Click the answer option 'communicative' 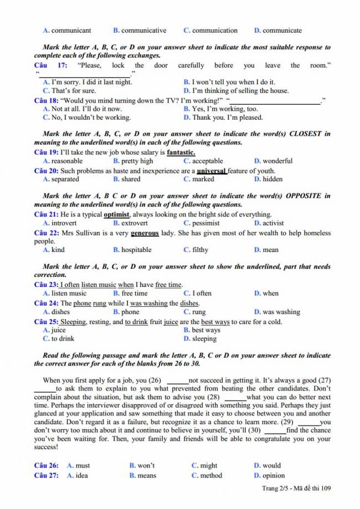[143, 30]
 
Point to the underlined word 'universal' [211, 171]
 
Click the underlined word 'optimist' [116, 214]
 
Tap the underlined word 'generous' [145, 233]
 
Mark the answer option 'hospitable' [136, 250]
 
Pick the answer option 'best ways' [206, 330]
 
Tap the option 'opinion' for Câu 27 [274, 475]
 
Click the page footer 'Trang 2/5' [275, 489]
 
